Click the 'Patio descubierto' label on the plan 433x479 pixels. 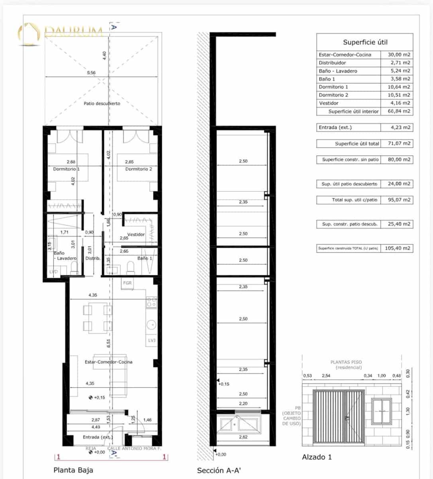click(102, 103)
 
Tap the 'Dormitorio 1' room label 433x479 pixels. click(67, 169)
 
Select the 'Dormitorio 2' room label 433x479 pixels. click(138, 169)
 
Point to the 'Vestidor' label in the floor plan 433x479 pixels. click(136, 234)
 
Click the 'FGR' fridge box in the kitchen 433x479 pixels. click(127, 283)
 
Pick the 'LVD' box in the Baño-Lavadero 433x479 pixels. click(53, 272)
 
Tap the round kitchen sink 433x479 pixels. click(152, 325)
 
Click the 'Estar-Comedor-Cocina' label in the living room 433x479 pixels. click(108, 362)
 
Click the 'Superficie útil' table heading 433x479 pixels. click(365, 42)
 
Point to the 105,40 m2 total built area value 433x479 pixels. click(397, 248)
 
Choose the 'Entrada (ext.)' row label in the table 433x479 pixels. click(335, 128)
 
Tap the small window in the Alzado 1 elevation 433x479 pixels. click(382, 411)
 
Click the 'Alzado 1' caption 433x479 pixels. click(317, 457)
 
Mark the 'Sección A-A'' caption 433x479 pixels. click(219, 471)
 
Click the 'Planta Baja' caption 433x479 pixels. click(73, 470)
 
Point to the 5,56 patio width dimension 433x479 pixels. click(91, 73)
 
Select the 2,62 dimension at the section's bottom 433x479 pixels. click(243, 437)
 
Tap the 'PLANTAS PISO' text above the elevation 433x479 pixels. click(346, 362)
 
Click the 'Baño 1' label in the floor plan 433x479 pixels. click(145, 258)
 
